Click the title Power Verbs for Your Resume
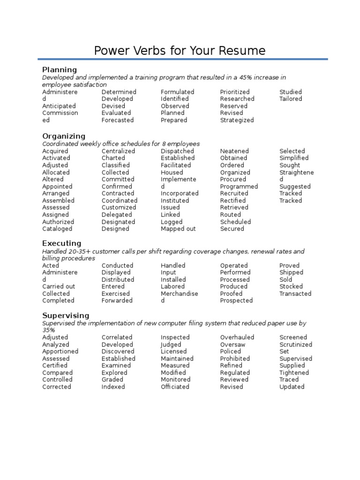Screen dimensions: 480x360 tap(180, 51)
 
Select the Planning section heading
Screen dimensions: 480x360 tap(60, 70)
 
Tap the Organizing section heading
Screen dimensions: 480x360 tap(64, 136)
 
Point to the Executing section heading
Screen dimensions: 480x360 tap(61, 243)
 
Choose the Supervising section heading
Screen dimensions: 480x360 tap(66, 315)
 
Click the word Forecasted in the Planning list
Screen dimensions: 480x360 tap(117, 120)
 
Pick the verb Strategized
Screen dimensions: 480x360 tap(237, 120)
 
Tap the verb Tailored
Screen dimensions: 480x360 tap(291, 99)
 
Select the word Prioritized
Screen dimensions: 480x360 tap(235, 92)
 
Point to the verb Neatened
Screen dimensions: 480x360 tap(234, 151)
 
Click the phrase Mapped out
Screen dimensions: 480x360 tap(178, 229)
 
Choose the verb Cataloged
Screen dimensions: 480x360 tap(57, 229)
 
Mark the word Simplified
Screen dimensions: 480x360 tap(294, 158)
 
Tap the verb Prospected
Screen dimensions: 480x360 tap(236, 300)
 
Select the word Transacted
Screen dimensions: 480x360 tap(295, 293)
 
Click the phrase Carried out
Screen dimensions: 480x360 tap(59, 286)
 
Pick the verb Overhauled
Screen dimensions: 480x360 tap(237, 337)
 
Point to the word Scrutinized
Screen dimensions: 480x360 tap(296, 345)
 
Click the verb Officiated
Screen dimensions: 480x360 tap(175, 387)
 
